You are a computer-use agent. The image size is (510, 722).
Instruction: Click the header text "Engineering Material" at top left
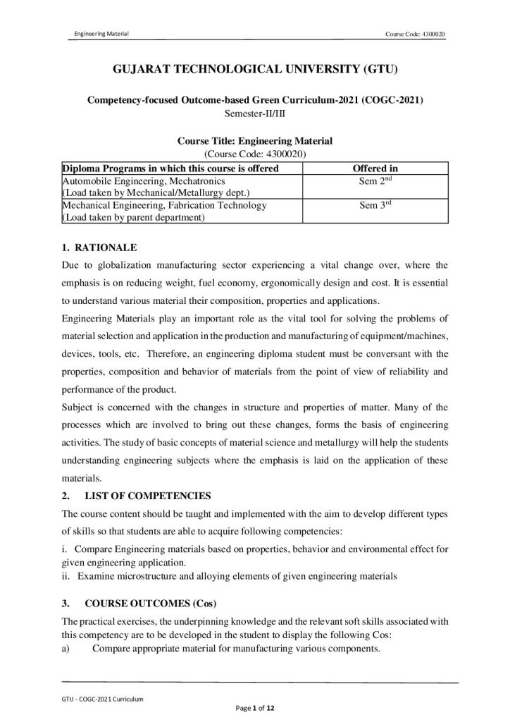[101, 35]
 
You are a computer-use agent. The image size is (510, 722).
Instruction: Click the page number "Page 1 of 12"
[254, 707]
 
